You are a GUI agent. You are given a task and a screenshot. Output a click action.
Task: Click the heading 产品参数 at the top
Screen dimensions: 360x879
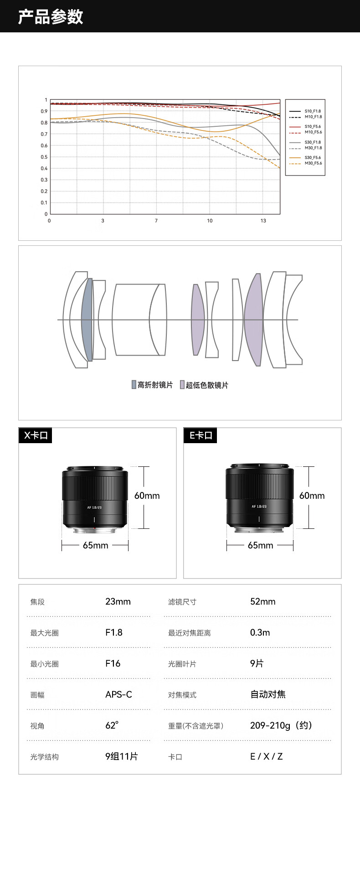pos(51,16)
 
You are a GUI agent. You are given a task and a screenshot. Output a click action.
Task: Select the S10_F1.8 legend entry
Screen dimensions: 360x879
pos(313,111)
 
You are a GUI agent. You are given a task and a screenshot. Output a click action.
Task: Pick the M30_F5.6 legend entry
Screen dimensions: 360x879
pos(313,163)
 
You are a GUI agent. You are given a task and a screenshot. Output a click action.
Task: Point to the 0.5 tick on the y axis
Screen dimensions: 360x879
pos(44,157)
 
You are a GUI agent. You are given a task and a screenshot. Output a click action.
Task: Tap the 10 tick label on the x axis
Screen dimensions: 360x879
pos(210,221)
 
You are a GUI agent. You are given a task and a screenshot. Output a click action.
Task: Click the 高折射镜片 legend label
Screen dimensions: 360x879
pos(155,385)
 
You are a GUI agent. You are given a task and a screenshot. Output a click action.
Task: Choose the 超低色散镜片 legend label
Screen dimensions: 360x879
pos(207,385)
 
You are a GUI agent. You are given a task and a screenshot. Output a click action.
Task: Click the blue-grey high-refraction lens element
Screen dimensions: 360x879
pos(87,320)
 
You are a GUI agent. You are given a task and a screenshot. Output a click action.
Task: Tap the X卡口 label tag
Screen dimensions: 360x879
pos(36,435)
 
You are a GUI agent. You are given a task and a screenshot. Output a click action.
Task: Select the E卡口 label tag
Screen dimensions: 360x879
pos(201,435)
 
